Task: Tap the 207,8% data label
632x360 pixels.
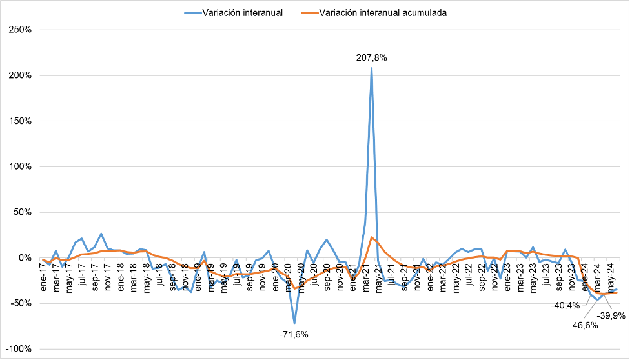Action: [372, 57]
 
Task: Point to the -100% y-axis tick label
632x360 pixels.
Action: [21, 349]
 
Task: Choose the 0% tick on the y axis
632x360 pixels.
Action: [27, 258]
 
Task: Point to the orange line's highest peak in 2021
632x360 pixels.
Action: [372, 237]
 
